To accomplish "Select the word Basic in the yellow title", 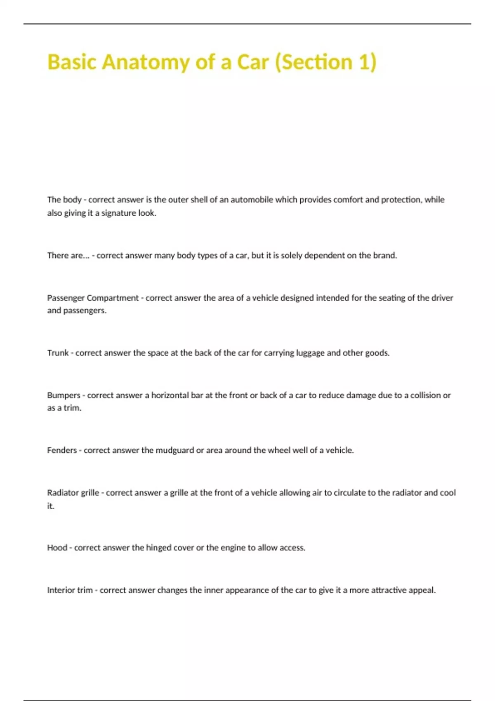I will (x=72, y=62).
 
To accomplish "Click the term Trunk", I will (x=58, y=353).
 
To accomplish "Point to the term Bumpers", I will (x=64, y=395).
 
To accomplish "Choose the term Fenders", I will (x=62, y=450).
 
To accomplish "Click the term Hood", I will (x=57, y=548).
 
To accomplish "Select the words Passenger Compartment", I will (x=93, y=298).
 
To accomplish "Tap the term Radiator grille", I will (x=73, y=493).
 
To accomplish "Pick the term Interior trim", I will (x=70, y=590).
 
